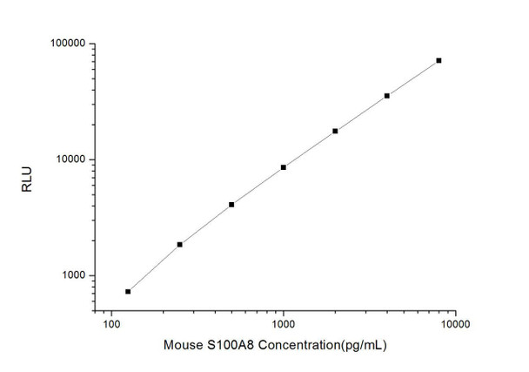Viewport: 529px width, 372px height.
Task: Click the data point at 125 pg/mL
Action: point(128,292)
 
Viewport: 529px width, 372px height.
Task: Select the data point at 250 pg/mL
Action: point(180,245)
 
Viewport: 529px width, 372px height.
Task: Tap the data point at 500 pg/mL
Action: point(231,205)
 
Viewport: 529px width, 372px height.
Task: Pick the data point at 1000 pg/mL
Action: point(284,167)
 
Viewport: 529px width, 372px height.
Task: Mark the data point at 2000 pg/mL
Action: point(335,131)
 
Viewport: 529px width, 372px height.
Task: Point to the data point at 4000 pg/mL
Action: point(387,96)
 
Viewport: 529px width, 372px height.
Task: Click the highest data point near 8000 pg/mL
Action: point(439,61)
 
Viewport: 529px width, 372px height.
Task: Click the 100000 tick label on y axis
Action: point(66,44)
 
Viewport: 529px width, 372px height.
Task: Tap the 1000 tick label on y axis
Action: point(72,276)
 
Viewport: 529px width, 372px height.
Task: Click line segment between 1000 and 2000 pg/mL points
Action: point(310,149)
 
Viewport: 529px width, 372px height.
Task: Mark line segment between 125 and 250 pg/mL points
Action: point(154,268)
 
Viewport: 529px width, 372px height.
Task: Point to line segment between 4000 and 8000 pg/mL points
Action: point(413,78)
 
